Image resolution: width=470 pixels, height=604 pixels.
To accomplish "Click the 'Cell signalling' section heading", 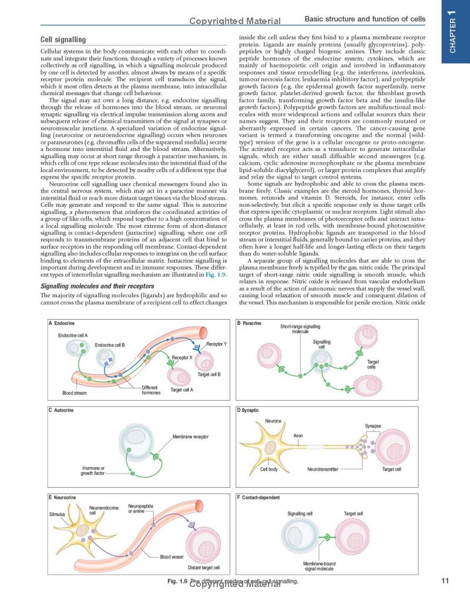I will (x=63, y=40).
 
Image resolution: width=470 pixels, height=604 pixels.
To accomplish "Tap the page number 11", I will (x=444, y=582).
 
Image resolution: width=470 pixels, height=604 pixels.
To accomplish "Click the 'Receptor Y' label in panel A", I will (x=216, y=343).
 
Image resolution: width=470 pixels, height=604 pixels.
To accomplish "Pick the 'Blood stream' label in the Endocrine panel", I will (x=75, y=392).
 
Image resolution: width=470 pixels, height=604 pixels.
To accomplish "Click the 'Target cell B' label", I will (x=209, y=374).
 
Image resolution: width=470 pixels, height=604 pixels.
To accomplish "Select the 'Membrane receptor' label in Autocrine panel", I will (x=190, y=437).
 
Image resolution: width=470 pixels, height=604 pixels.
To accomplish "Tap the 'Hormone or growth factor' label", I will (x=93, y=470).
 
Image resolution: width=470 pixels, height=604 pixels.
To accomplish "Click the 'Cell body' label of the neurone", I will (x=269, y=469).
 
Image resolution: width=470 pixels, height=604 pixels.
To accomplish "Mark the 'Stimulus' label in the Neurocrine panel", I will (x=57, y=514).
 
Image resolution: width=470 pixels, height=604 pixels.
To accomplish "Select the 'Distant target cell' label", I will (x=203, y=568).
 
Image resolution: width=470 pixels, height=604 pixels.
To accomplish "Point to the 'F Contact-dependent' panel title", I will (x=258, y=498).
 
